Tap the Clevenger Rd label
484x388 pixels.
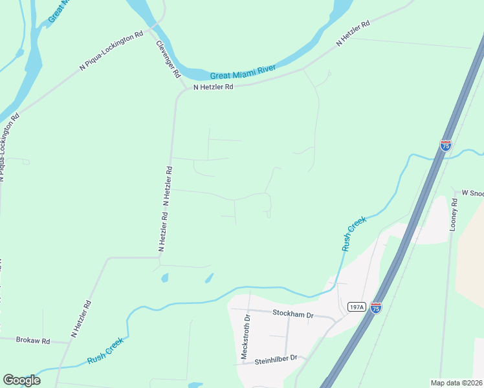pos(168,59)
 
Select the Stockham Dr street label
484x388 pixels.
pos(293,316)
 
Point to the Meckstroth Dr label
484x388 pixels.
pos(245,338)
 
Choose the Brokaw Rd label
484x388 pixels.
pos(32,340)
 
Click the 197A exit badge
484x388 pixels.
pos(356,307)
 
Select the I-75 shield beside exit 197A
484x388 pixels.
pos(377,308)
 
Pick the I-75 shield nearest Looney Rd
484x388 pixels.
pos(446,145)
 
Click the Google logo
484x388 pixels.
pos(21,380)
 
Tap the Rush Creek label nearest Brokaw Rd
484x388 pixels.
pos(105,353)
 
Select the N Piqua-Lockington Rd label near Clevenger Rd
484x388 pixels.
pos(111,50)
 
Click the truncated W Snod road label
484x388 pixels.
pos(472,193)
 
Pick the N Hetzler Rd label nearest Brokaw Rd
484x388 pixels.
pos(81,319)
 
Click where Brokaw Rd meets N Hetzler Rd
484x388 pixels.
pos(69,342)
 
